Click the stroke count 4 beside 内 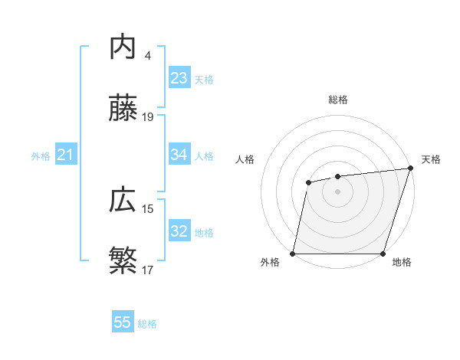click(x=147, y=55)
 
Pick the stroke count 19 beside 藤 click(x=148, y=117)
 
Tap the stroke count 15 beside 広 click(x=148, y=208)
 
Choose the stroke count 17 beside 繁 click(x=148, y=270)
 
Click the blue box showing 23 click(x=179, y=78)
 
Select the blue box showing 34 click(x=179, y=155)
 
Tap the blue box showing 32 click(x=179, y=231)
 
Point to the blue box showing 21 click(x=65, y=155)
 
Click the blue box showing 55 click(x=123, y=322)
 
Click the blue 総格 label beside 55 click(x=147, y=324)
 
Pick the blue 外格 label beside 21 click(x=41, y=156)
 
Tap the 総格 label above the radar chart click(x=338, y=100)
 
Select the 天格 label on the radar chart click(x=431, y=159)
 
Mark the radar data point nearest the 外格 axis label click(x=293, y=254)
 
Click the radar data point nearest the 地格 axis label click(x=383, y=254)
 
